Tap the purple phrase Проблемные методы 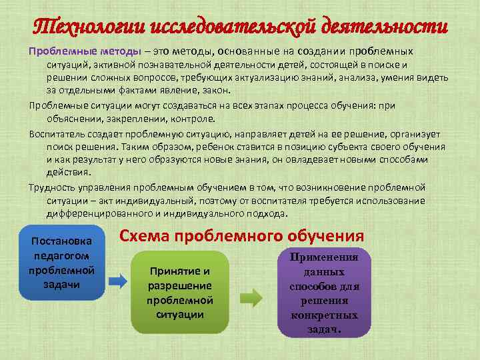click(84, 51)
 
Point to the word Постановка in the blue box click(61, 241)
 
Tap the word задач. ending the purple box click(324, 329)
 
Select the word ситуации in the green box click(180, 313)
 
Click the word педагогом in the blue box click(61, 255)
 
